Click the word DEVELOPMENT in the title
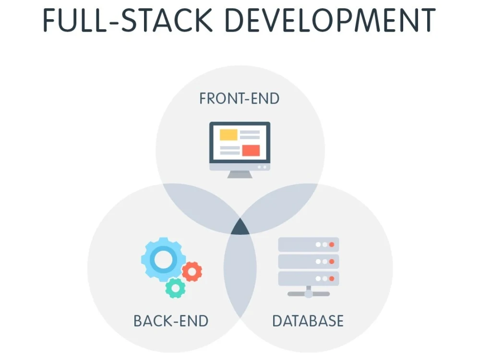[x=330, y=20]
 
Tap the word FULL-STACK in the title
[x=128, y=20]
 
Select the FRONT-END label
[x=240, y=98]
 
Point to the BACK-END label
[x=171, y=321]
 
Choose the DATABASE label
[x=308, y=321]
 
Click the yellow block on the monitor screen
[x=228, y=135]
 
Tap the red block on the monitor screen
[x=251, y=150]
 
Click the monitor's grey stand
[x=240, y=175]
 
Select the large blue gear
[x=164, y=260]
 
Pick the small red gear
[x=192, y=272]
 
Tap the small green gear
[x=175, y=288]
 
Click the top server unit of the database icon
[x=309, y=244]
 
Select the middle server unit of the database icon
[x=309, y=262]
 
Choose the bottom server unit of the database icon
[x=309, y=278]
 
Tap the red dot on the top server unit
[x=332, y=245]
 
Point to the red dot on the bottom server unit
[x=332, y=278]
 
